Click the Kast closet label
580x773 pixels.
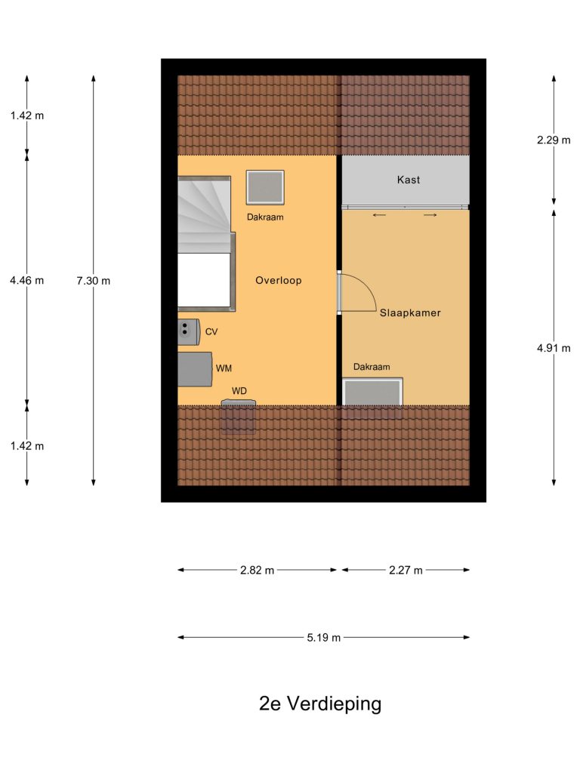409,180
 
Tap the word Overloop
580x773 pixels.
278,281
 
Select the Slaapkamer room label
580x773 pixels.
410,313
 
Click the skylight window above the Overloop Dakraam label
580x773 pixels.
265,187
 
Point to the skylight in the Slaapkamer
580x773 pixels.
373,392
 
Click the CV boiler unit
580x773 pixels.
189,332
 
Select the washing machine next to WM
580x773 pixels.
196,368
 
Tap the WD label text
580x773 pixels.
239,391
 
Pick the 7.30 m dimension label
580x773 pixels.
93,281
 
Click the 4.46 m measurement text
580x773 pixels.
26,281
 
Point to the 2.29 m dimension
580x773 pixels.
554,140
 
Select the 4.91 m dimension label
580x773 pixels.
554,349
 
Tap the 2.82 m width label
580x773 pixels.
257,571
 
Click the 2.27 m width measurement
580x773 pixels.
406,571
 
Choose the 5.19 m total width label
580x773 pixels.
323,638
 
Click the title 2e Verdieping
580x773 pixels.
320,704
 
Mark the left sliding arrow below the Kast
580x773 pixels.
379,215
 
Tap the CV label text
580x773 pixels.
211,332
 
